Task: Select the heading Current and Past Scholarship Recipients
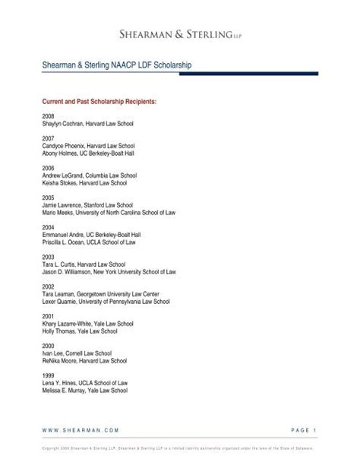[x=92, y=100]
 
